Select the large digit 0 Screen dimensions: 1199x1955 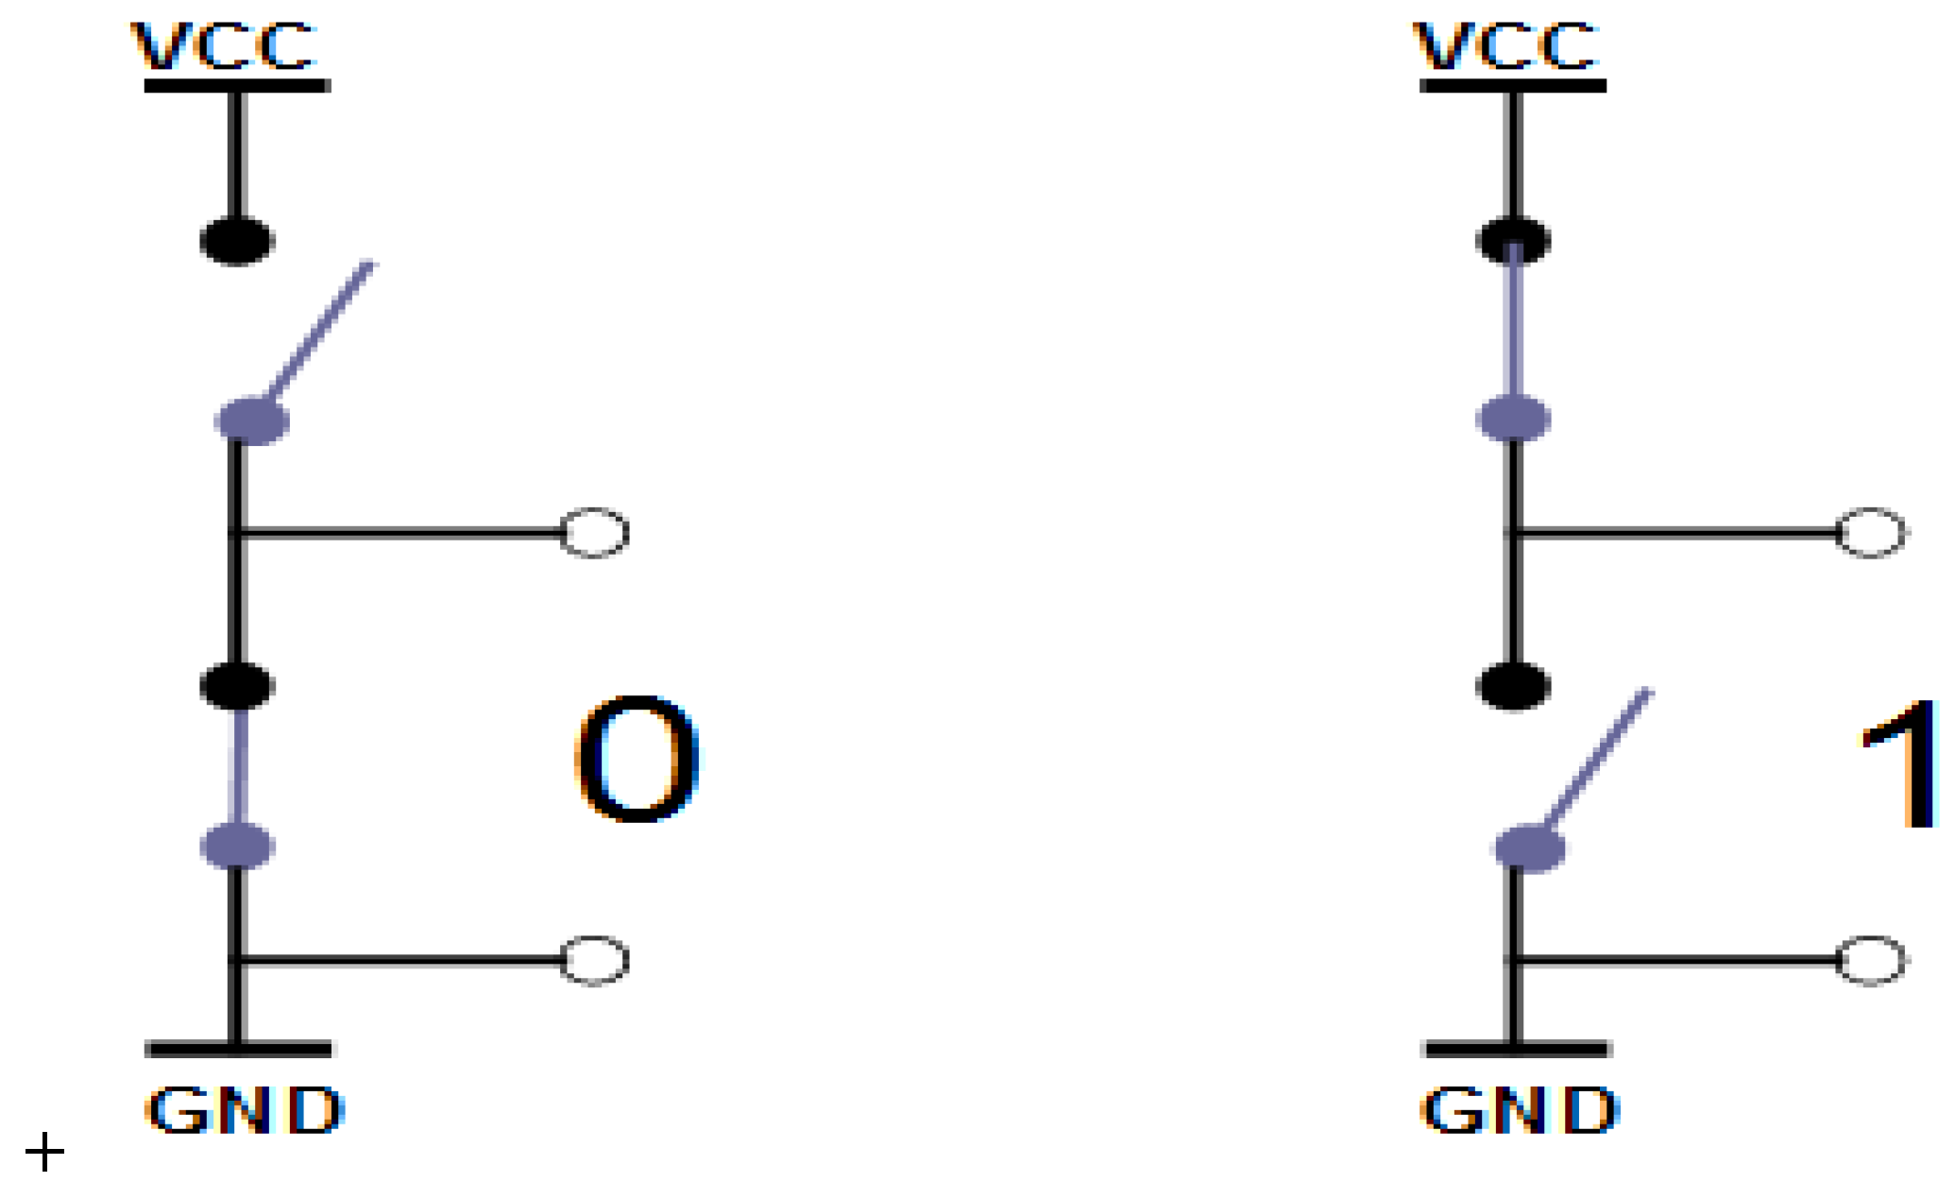tap(636, 760)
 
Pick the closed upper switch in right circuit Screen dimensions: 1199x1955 tap(1514, 326)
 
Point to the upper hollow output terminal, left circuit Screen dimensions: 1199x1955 tap(594, 533)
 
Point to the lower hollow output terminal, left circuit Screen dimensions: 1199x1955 tap(594, 961)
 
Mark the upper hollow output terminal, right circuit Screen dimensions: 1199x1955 tap(1871, 533)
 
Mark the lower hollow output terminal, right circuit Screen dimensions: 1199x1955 tap(1871, 961)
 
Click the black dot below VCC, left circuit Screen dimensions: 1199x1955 tap(237, 240)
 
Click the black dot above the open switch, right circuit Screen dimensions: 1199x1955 tap(1513, 685)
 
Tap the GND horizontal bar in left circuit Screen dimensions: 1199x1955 tap(238, 1049)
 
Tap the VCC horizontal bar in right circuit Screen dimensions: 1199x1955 tap(1513, 86)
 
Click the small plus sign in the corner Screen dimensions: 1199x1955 tap(44, 1153)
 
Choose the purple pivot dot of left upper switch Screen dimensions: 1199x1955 tap(252, 420)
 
